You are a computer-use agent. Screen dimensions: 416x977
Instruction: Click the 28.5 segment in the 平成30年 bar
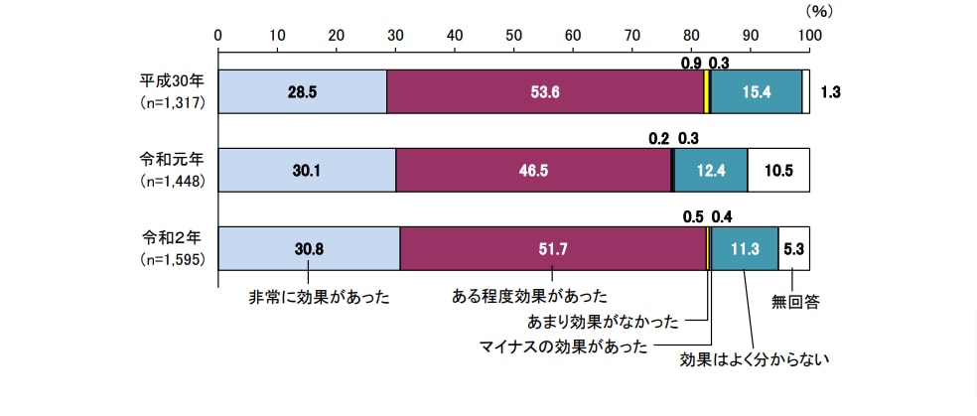pyautogui.click(x=302, y=91)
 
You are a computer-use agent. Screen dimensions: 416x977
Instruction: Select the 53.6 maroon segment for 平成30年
pyautogui.click(x=545, y=91)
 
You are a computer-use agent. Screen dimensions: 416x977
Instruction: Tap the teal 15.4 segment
pyautogui.click(x=757, y=91)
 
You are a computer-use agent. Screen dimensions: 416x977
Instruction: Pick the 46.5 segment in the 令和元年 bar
pyautogui.click(x=533, y=170)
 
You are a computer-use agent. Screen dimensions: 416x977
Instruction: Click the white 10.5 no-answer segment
pyautogui.click(x=778, y=170)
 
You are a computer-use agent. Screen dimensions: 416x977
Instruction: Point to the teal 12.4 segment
pyautogui.click(x=711, y=170)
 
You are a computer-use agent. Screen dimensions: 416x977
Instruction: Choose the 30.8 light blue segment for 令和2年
pyautogui.click(x=309, y=248)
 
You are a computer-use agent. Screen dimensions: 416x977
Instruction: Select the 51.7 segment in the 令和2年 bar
pyautogui.click(x=553, y=248)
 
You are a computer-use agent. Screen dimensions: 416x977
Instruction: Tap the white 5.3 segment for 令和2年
pyautogui.click(x=793, y=248)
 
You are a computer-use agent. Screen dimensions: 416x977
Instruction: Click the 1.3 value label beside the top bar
pyautogui.click(x=831, y=91)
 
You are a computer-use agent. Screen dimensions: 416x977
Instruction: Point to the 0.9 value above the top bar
pyautogui.click(x=691, y=63)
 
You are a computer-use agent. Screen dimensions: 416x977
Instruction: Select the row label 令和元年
pyautogui.click(x=172, y=159)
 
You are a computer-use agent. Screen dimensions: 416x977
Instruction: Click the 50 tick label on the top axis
pyautogui.click(x=514, y=35)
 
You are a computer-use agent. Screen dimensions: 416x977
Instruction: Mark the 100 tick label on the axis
pyautogui.click(x=810, y=35)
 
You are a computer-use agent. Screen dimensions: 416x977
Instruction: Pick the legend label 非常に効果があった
pyautogui.click(x=319, y=297)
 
